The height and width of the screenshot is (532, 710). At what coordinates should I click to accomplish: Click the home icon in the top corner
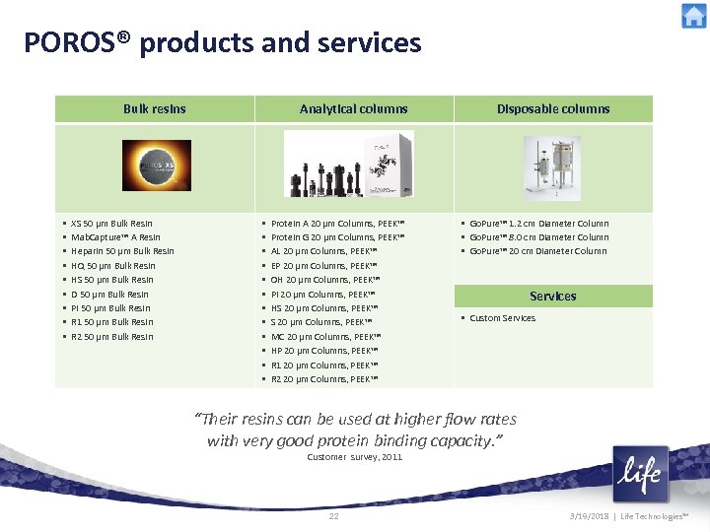[x=693, y=17]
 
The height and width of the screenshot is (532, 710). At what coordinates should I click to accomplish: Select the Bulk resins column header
[x=154, y=108]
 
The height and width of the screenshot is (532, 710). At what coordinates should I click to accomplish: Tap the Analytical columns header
[x=353, y=108]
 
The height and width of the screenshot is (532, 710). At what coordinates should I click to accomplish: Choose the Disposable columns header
[x=553, y=108]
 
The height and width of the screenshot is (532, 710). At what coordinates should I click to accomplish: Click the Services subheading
[x=553, y=296]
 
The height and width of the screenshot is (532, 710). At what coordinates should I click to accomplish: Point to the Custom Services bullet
[x=502, y=318]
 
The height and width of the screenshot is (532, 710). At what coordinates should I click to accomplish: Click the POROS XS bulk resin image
[x=157, y=165]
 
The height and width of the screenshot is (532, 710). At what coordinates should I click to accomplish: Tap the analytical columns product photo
[x=346, y=165]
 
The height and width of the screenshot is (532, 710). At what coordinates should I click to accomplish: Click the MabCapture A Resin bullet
[x=115, y=237]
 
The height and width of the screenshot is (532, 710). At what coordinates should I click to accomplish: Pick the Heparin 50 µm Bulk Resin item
[x=122, y=251]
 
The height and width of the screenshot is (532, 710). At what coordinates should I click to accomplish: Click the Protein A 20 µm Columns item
[x=337, y=224]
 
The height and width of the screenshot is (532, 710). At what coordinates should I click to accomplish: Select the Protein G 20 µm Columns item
[x=337, y=237]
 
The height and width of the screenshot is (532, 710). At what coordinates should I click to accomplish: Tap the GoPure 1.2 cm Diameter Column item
[x=538, y=224]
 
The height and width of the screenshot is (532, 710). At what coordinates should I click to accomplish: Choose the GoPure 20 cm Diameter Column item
[x=537, y=251]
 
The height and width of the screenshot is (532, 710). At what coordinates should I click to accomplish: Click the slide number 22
[x=333, y=516]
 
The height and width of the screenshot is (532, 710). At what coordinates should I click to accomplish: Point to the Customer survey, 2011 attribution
[x=355, y=457]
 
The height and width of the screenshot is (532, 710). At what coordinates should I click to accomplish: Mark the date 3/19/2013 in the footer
[x=590, y=516]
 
